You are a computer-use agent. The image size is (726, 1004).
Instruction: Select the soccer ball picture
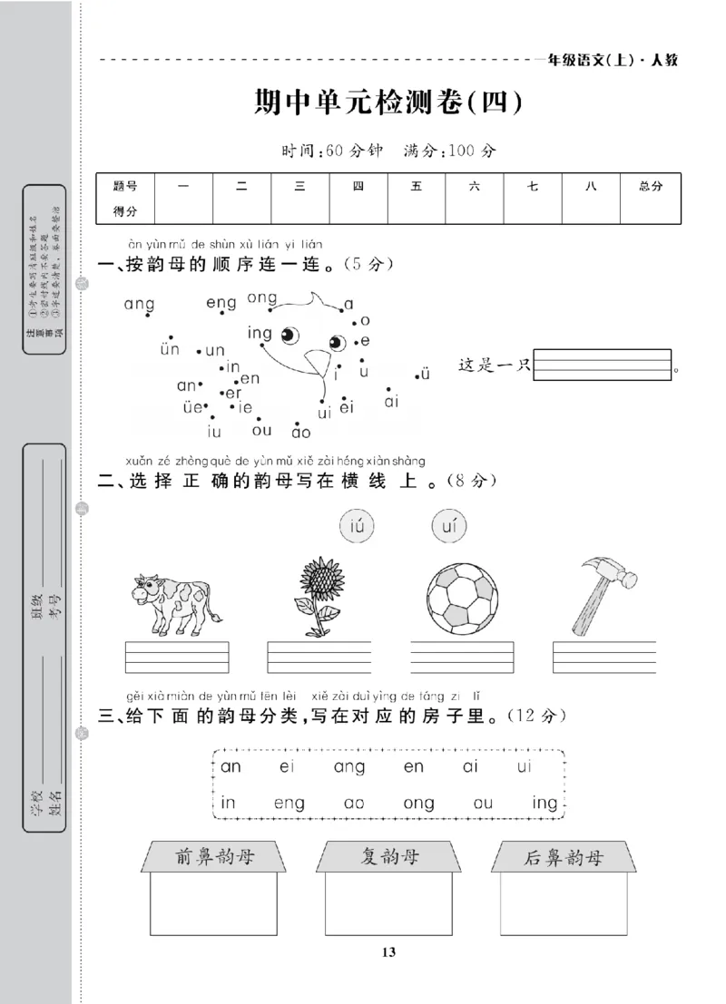462,599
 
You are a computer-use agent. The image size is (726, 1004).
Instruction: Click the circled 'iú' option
356,524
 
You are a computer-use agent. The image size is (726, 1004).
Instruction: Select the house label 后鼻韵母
564,858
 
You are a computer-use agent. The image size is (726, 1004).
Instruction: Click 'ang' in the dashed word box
348,767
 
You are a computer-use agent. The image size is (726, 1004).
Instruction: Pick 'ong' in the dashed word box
418,803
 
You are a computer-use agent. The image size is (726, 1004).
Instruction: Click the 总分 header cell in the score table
651,186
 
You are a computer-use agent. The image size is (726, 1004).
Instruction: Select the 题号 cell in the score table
125,186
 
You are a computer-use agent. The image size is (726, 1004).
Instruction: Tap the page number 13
388,951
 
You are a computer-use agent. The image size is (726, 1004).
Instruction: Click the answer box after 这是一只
603,365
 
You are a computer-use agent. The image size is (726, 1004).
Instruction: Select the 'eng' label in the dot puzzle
221,302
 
